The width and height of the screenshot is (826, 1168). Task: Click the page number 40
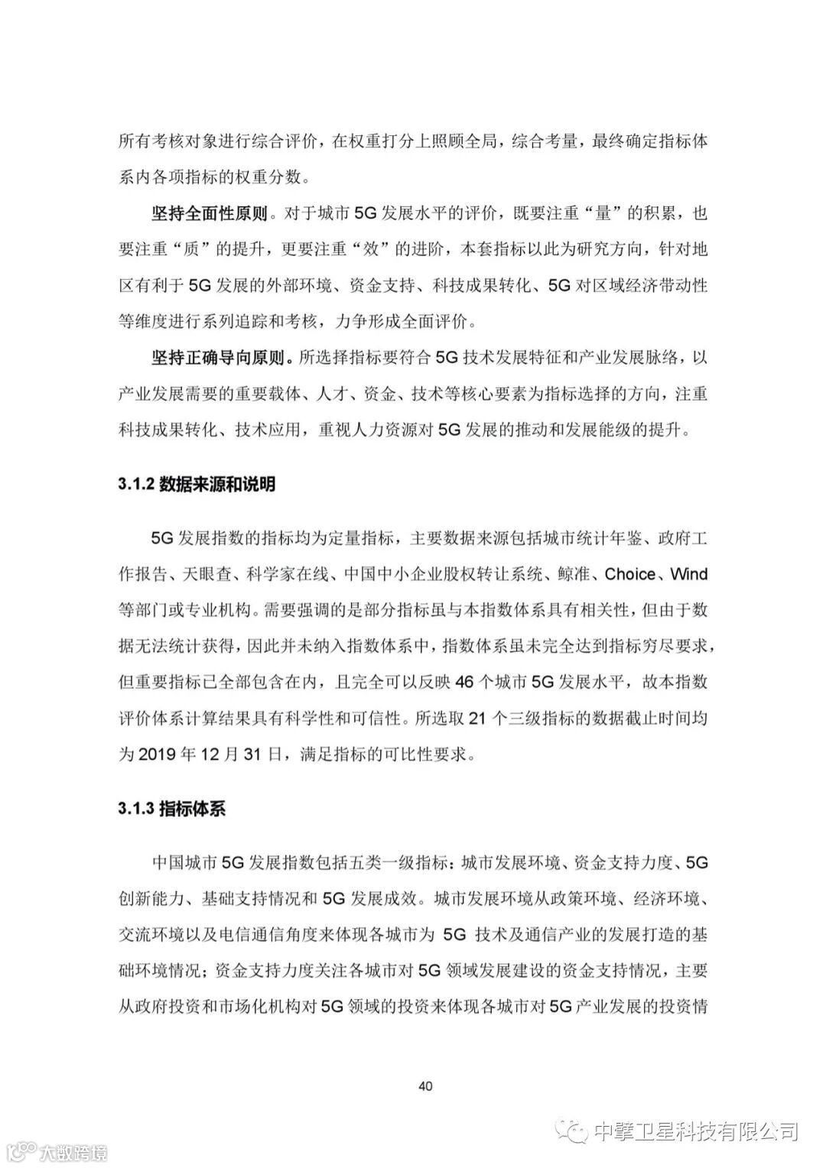[x=427, y=1085]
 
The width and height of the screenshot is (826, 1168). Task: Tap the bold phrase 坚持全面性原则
[x=209, y=214]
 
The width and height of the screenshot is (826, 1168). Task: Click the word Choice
[x=629, y=574]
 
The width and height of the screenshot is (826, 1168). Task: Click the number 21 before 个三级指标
[x=476, y=719]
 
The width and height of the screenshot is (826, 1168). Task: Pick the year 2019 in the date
[x=158, y=754]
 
